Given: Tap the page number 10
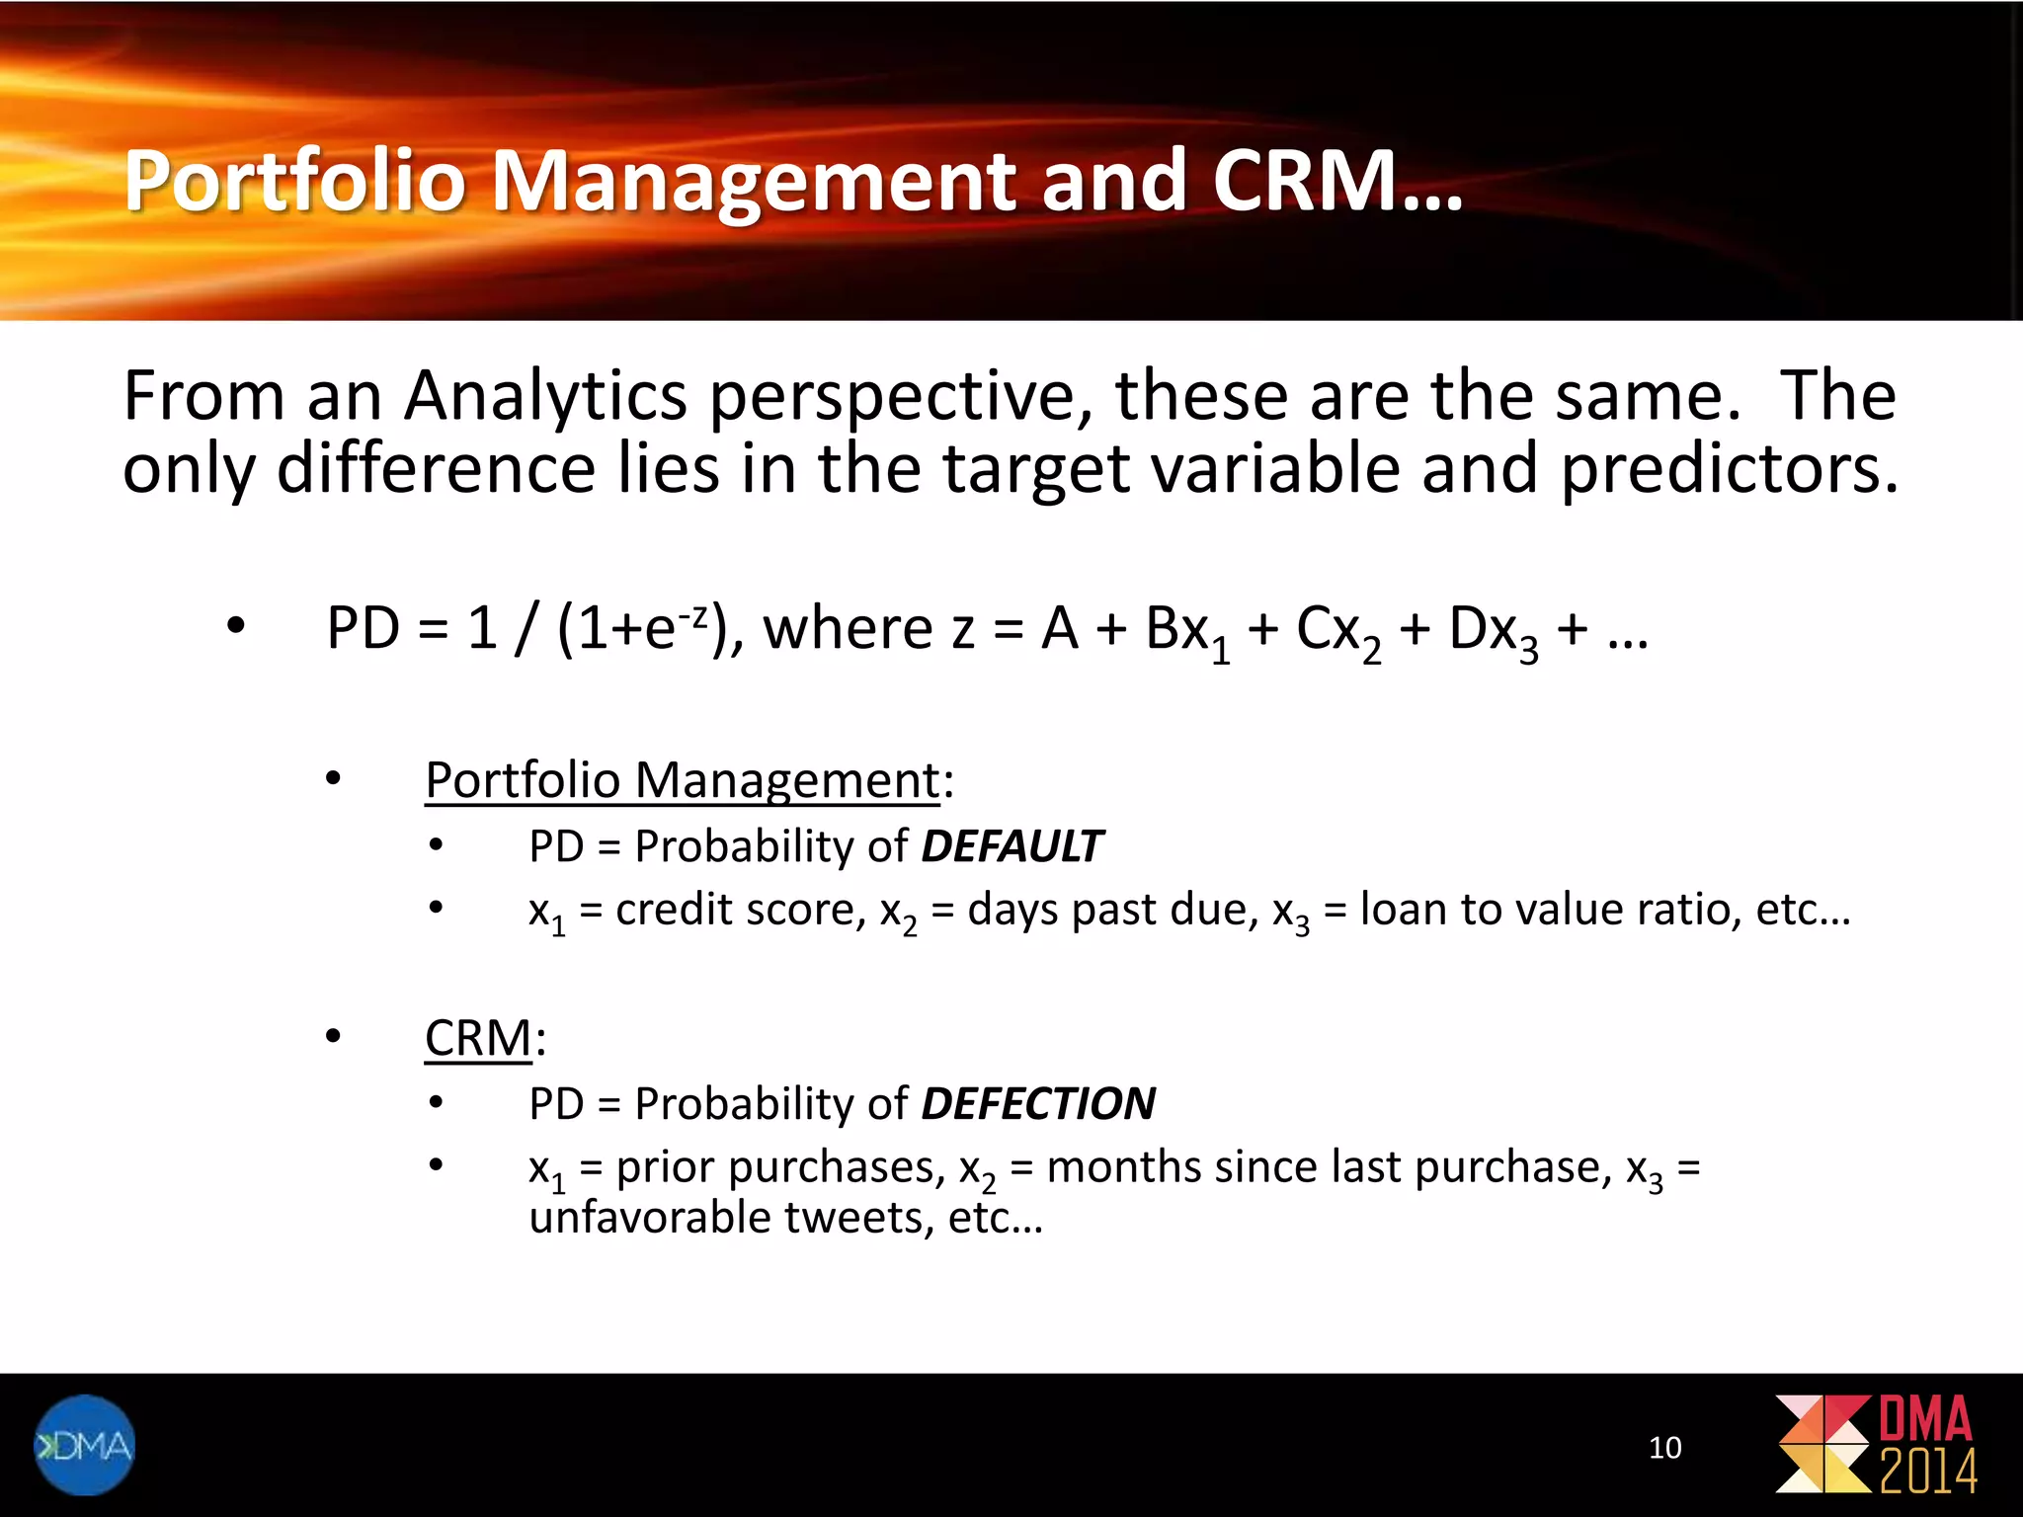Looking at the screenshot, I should click(x=1664, y=1448).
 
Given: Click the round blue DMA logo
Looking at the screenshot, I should click(x=84, y=1445).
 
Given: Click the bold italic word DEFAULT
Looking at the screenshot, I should click(x=1011, y=846).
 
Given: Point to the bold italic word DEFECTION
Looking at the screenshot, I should click(x=1037, y=1104).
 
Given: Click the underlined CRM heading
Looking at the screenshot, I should click(x=478, y=1038).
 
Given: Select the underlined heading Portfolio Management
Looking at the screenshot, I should click(x=682, y=780).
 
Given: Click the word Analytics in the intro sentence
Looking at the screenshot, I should click(x=545, y=396).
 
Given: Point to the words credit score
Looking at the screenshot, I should click(x=740, y=909).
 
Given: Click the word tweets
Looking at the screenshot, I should click(x=857, y=1218).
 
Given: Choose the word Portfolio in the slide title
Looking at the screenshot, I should click(x=294, y=181).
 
